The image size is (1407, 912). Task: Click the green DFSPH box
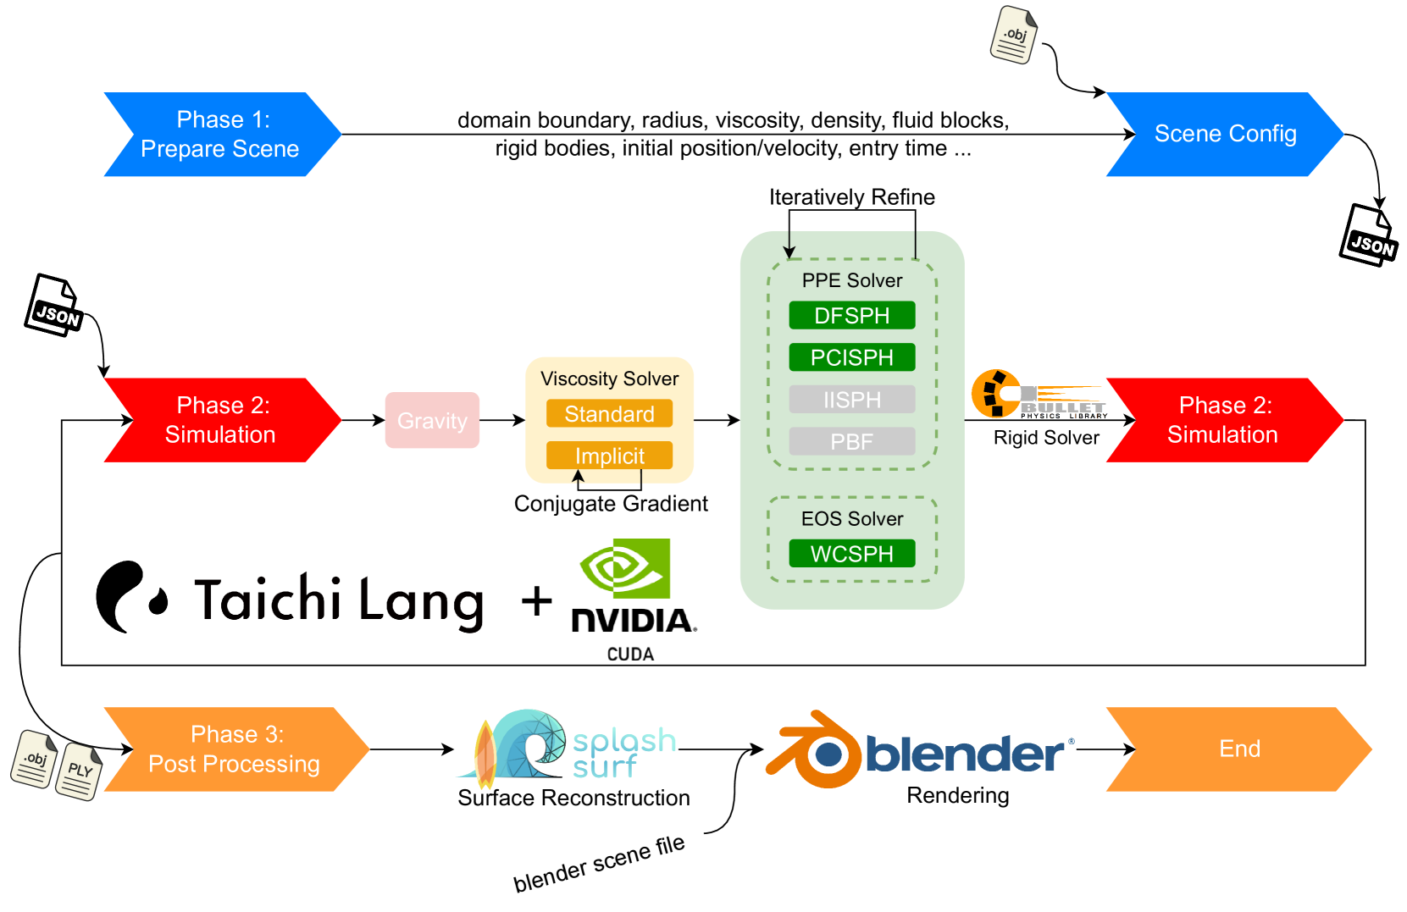pyautogui.click(x=851, y=315)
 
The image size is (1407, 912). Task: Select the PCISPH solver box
pyautogui.click(x=851, y=357)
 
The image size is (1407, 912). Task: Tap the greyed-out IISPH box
pyautogui.click(x=851, y=400)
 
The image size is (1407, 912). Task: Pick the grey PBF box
pyautogui.click(x=851, y=441)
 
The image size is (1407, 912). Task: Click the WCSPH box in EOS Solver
pyautogui.click(x=851, y=553)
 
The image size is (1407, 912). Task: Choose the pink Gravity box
pyautogui.click(x=432, y=420)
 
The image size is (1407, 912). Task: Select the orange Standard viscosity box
pyautogui.click(x=609, y=413)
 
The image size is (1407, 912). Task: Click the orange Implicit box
pyautogui.click(x=609, y=456)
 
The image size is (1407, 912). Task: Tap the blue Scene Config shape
pyautogui.click(x=1225, y=134)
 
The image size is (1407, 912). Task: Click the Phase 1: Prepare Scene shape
pyautogui.click(x=223, y=134)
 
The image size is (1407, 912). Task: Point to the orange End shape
pyautogui.click(x=1238, y=749)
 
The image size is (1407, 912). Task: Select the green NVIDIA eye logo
pyautogui.click(x=625, y=568)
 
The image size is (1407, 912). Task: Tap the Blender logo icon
pyautogui.click(x=813, y=749)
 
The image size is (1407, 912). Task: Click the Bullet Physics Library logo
pyautogui.click(x=1039, y=395)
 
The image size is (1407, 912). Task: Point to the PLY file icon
pyautogui.click(x=79, y=771)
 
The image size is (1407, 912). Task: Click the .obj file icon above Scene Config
pyautogui.click(x=1014, y=35)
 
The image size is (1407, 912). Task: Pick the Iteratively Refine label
pyautogui.click(x=851, y=197)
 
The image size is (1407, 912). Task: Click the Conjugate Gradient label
pyautogui.click(x=611, y=504)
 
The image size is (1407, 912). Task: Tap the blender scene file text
pyautogui.click(x=599, y=863)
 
